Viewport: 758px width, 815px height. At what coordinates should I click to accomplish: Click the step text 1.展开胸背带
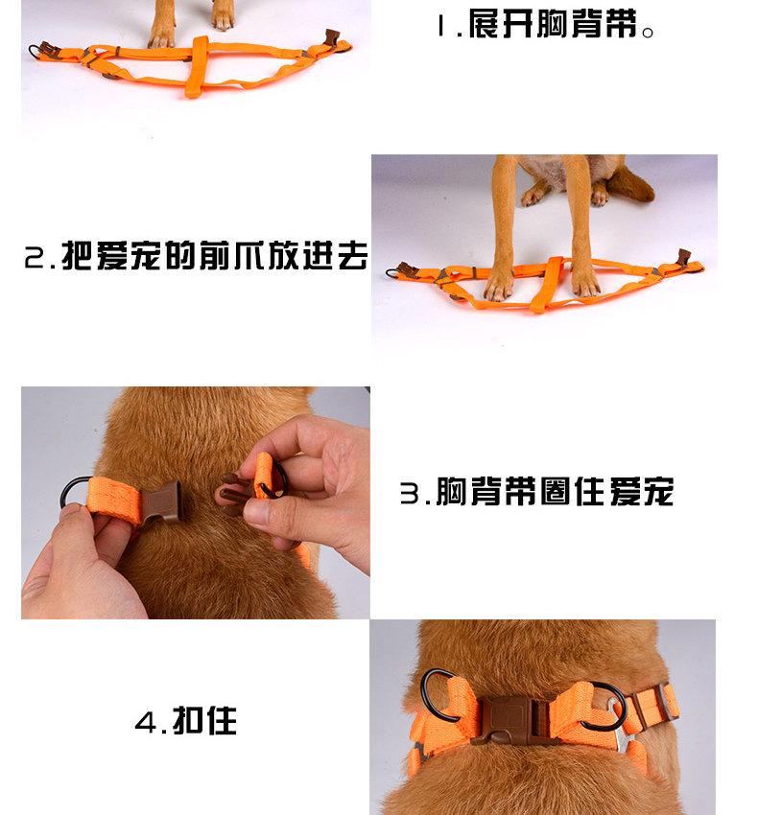pyautogui.click(x=545, y=24)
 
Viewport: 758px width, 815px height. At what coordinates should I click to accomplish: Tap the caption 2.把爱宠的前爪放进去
pyautogui.click(x=196, y=255)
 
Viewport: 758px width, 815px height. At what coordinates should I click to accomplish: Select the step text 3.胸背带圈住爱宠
pyautogui.click(x=536, y=492)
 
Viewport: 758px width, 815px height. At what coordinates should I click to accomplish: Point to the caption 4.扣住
pyautogui.click(x=186, y=720)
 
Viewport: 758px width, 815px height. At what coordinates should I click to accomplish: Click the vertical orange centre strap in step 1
pyautogui.click(x=197, y=66)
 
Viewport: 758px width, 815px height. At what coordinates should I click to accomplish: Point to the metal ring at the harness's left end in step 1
pyautogui.click(x=35, y=52)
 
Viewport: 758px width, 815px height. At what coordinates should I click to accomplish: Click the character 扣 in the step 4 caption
pyautogui.click(x=187, y=720)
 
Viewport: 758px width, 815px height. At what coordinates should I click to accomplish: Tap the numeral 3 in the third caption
pyautogui.click(x=410, y=493)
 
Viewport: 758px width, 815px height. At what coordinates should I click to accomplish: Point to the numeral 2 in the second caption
pyautogui.click(x=35, y=258)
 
